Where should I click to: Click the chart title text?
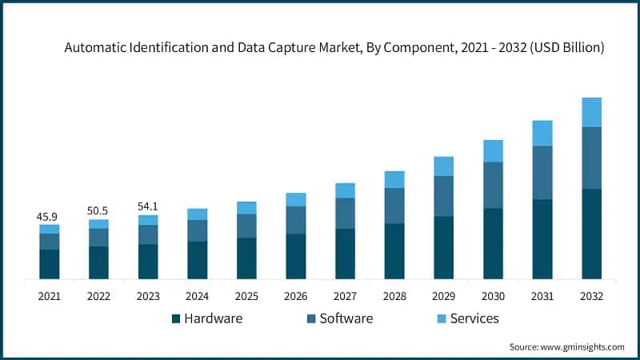[334, 48]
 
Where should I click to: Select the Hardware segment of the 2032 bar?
[591, 234]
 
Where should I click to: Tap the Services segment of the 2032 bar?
[591, 112]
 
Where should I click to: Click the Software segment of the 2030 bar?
[493, 185]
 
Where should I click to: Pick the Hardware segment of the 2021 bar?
[50, 264]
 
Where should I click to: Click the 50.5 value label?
[98, 211]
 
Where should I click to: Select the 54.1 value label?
[148, 206]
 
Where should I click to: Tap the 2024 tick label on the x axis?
[197, 296]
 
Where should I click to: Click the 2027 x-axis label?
[345, 296]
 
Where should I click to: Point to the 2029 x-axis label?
[443, 296]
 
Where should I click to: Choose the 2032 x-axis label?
[591, 296]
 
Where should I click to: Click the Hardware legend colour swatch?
[176, 319]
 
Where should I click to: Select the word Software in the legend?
[346, 318]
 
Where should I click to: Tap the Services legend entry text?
[474, 318]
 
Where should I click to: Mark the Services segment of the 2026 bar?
[296, 199]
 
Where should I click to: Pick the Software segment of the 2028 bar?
[394, 206]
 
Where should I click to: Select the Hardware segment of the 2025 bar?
[246, 258]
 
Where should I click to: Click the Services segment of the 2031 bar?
[542, 133]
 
